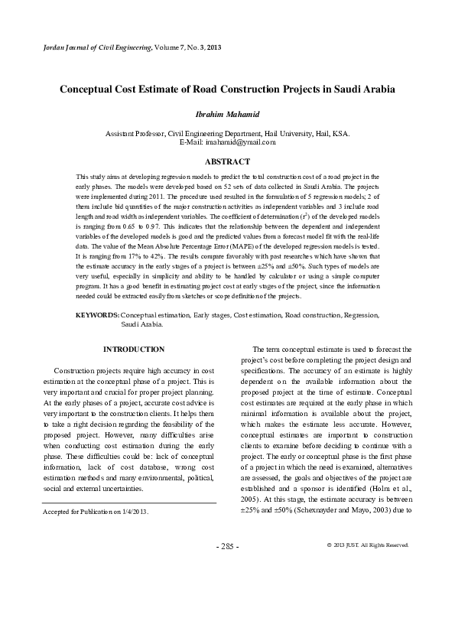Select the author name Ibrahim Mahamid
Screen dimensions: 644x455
point(227,115)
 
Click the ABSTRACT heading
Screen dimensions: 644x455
point(227,161)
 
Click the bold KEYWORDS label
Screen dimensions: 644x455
point(97,314)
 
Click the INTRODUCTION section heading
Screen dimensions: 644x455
point(133,350)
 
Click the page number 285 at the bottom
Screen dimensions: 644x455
point(227,547)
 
